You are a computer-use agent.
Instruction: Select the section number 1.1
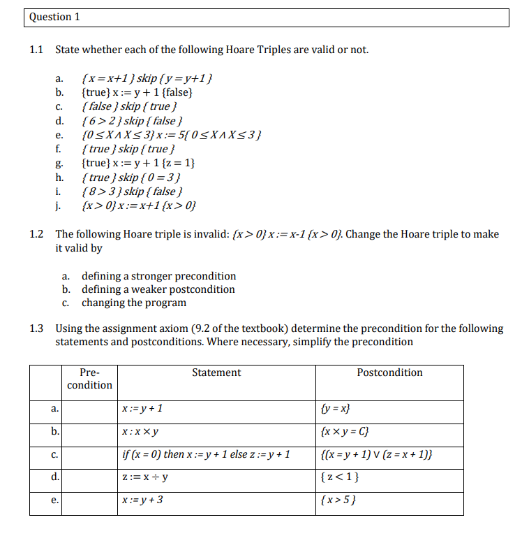coord(37,50)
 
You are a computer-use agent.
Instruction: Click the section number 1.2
coord(37,234)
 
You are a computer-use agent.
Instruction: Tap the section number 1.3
coord(37,328)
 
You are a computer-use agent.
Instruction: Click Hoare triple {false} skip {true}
coord(128,106)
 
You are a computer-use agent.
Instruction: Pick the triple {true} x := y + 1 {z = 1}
coord(138,163)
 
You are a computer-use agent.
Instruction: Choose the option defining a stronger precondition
coord(158,276)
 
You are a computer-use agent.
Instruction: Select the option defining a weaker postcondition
coord(158,289)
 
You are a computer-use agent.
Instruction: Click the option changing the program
coord(134,303)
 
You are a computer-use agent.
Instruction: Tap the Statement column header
coord(216,373)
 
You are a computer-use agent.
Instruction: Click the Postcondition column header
coord(389,373)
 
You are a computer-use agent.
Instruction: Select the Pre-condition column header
coord(89,379)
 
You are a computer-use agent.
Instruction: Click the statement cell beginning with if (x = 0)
coord(205,455)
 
